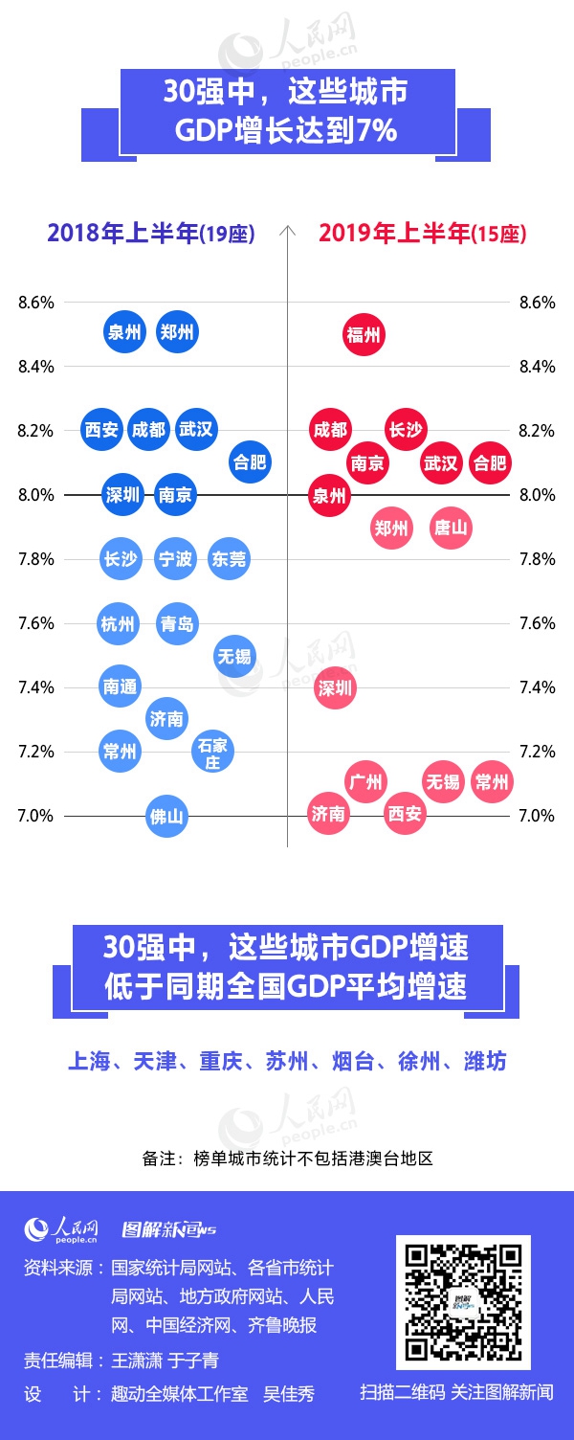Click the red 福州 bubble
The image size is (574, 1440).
coord(364,335)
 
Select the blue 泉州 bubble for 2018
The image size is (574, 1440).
coord(123,332)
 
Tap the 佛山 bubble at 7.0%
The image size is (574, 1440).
coord(166,817)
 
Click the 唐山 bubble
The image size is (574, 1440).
coord(451,528)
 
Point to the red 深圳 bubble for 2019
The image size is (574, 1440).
coord(335,687)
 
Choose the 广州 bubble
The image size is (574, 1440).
coord(364,782)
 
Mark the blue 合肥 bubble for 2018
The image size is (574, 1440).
coord(250,462)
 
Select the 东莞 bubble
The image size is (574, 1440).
coord(229,558)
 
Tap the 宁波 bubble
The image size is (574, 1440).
coord(175,558)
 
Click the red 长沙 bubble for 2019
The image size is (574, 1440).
coord(406,430)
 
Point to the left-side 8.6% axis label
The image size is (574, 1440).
coord(36,303)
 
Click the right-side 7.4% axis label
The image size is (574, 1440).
coord(537,687)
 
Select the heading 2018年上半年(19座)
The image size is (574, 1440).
coord(150,233)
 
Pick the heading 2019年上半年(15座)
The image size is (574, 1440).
coord(422,233)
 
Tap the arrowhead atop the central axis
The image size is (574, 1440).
coord(287,230)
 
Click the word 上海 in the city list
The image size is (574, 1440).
coord(88,1061)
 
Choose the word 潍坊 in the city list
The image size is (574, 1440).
coord(485,1061)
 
